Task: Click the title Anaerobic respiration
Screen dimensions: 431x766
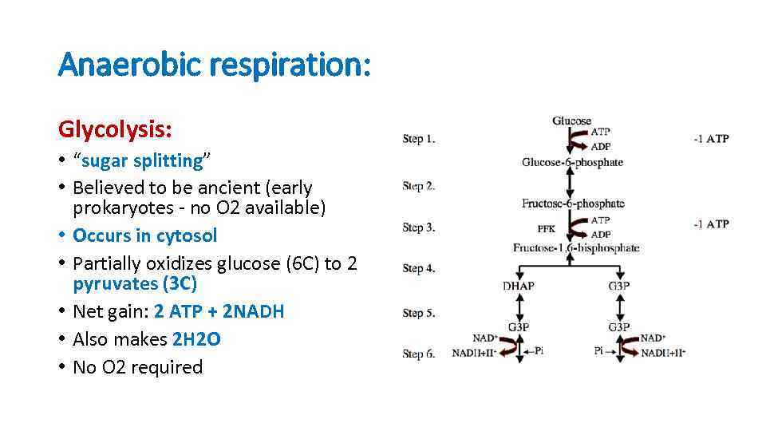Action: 215,65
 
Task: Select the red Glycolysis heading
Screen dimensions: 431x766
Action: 116,129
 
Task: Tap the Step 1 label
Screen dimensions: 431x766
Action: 419,139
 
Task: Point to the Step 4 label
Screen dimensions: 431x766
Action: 419,268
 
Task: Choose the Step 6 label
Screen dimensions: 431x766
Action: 419,354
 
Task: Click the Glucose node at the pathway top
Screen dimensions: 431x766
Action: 571,121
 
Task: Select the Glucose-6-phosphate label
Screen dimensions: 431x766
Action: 572,162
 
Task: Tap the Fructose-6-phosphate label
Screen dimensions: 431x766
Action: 572,204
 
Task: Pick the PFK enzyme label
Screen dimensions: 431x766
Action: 546,228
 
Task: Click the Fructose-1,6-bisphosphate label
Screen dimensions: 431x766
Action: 576,247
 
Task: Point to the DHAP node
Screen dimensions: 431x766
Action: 519,286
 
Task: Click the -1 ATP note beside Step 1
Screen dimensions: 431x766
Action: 711,139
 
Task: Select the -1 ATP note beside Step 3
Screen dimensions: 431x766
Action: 711,224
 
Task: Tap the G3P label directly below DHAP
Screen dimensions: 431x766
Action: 519,326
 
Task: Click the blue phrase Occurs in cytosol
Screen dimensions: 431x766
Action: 144,235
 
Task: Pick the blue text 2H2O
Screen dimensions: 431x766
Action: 196,339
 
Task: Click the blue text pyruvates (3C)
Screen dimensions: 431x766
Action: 135,283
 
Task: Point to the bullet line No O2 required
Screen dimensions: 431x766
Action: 137,367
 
